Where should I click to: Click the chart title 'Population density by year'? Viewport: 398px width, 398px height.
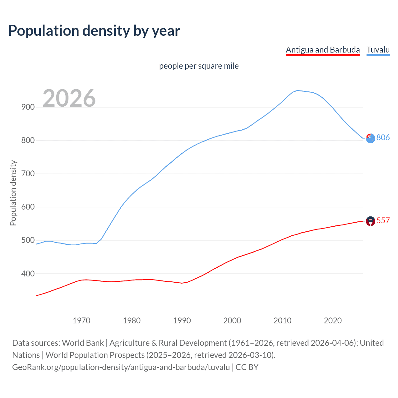coord(94,31)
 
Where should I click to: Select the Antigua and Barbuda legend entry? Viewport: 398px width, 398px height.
coord(322,50)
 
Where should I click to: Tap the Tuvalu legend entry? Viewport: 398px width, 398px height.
coord(378,50)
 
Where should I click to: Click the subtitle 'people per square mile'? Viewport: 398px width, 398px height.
coord(199,66)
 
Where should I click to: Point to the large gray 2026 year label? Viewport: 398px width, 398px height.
coord(69,98)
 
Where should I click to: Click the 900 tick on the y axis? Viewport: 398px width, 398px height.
coord(28,107)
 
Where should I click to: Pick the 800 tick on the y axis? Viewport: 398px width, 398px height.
coord(28,140)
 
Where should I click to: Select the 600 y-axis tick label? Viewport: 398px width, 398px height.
coord(28,207)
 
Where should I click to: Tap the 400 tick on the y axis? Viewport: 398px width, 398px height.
coord(28,274)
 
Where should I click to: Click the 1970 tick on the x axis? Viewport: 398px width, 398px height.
coord(81,321)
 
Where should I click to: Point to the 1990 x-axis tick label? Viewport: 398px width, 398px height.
coord(182,321)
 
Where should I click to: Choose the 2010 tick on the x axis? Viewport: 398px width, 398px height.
coord(282,321)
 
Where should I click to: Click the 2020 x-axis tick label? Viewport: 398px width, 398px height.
coord(333,321)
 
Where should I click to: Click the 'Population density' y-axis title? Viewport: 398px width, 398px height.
coord(13,193)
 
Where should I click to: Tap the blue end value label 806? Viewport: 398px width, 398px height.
coord(383,137)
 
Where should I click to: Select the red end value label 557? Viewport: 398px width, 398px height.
coord(383,220)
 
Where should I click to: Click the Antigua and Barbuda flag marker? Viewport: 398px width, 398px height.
coord(370,221)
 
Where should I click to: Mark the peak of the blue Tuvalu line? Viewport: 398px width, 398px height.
coord(298,90)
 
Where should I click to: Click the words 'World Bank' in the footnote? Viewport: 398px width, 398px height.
coord(83,343)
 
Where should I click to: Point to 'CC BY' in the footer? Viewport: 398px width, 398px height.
coord(247,367)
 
